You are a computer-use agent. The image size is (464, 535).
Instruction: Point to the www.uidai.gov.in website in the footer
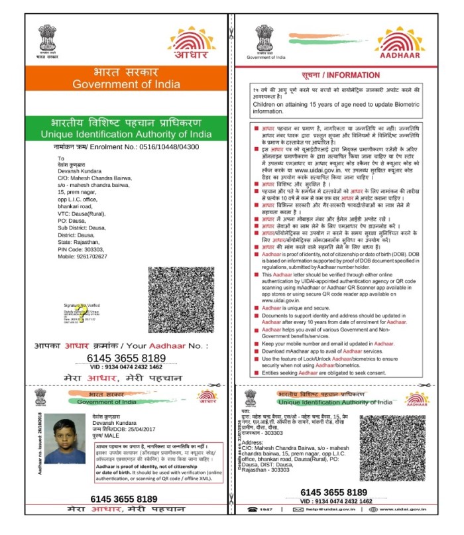click(x=400, y=509)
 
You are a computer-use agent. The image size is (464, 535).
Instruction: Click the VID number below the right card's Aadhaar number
click(x=338, y=501)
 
